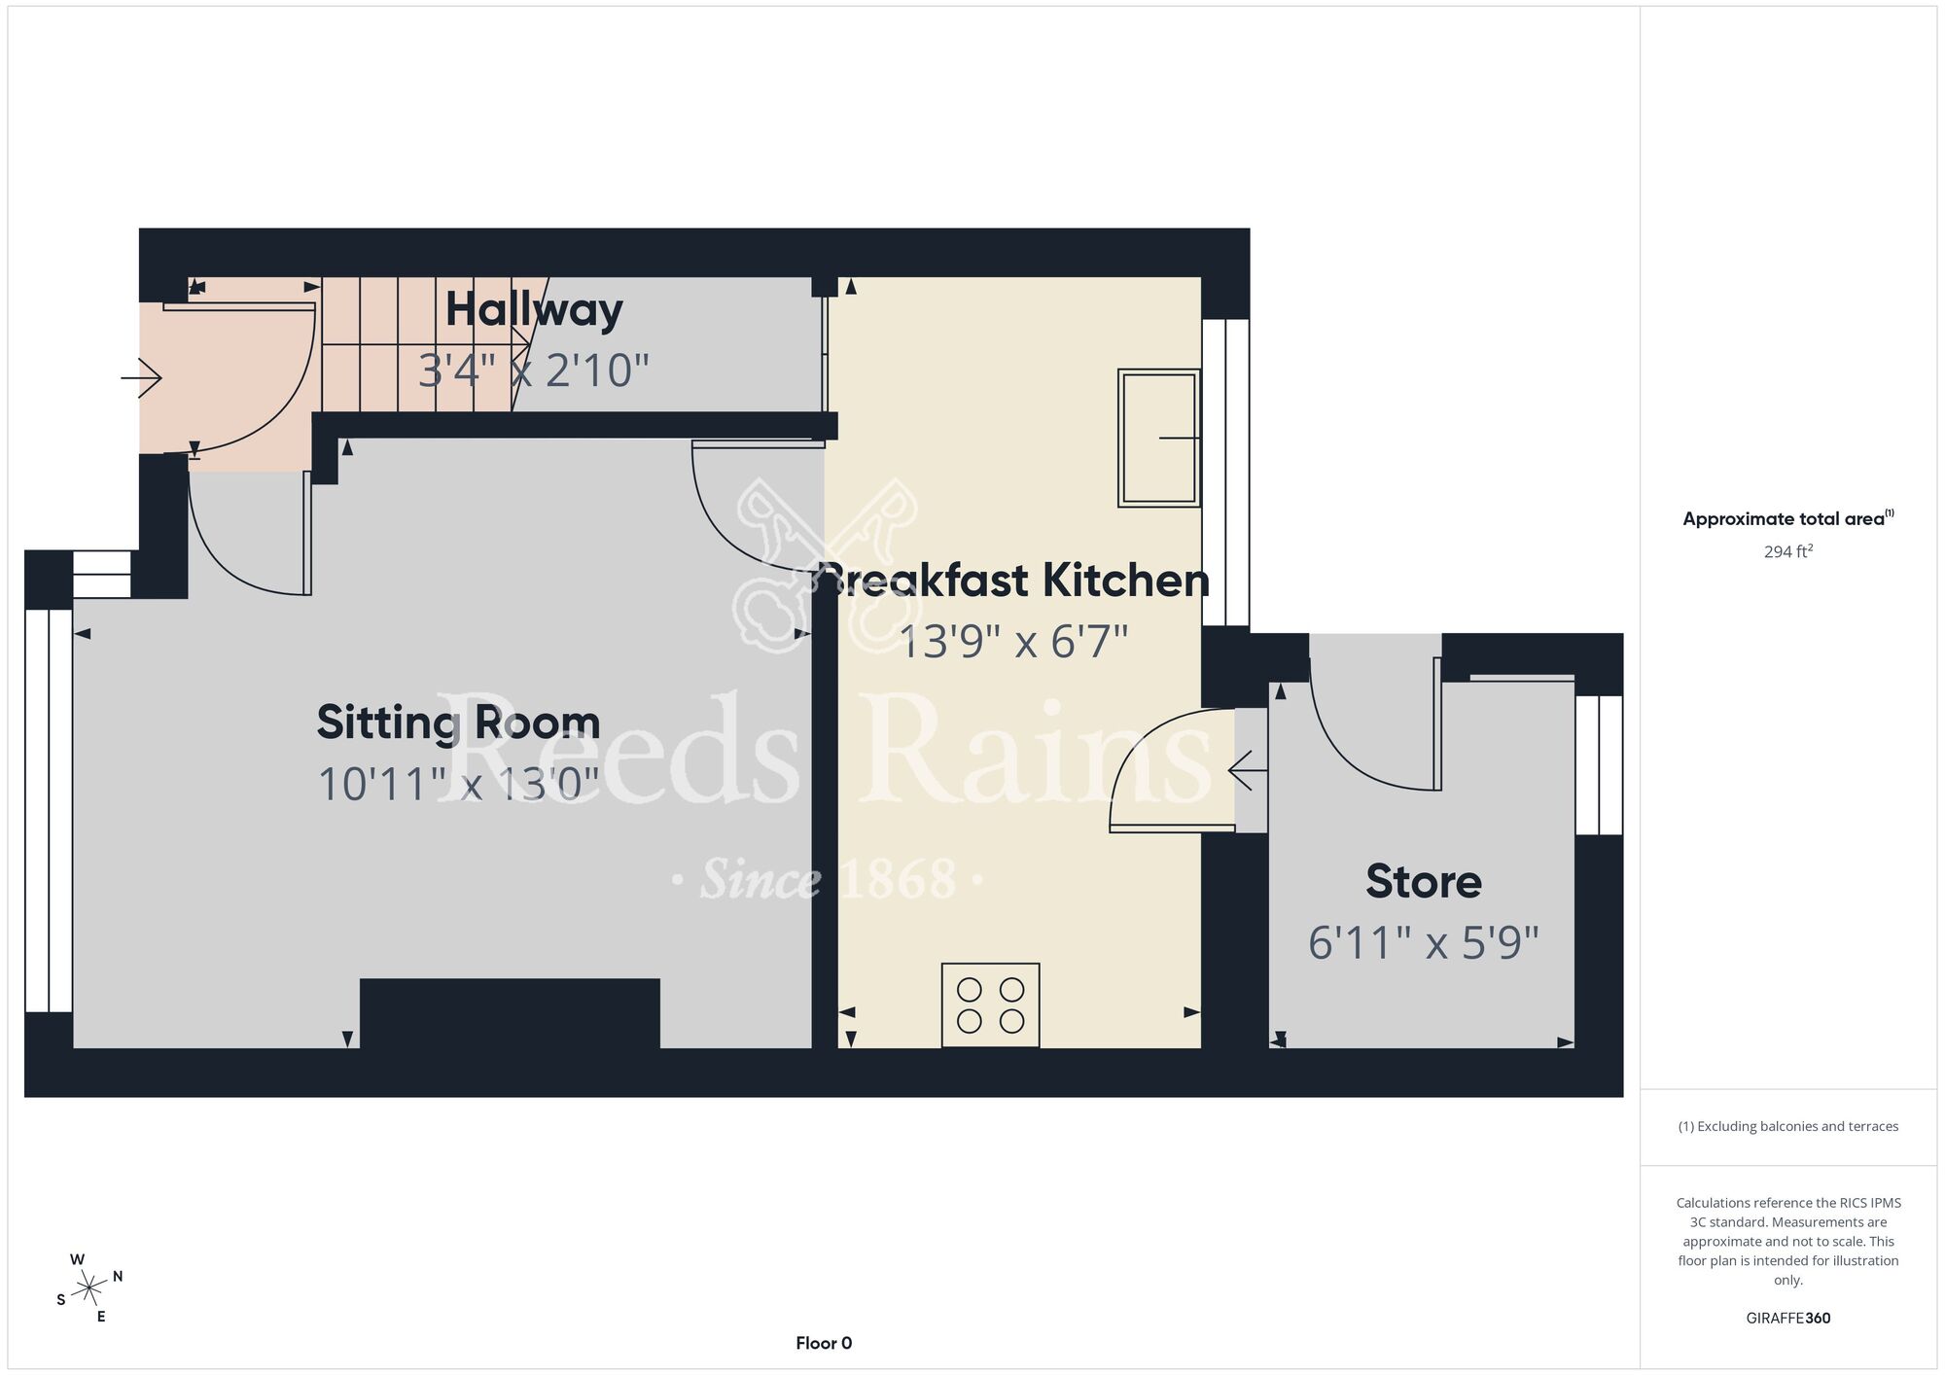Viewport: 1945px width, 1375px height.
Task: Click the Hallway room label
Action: (x=534, y=311)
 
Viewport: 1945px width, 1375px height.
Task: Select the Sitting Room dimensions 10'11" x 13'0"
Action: (x=458, y=785)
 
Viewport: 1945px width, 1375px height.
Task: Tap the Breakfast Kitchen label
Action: (x=1015, y=581)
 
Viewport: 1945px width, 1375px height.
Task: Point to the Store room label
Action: (x=1424, y=881)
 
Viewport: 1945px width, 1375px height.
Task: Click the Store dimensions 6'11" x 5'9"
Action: (x=1424, y=942)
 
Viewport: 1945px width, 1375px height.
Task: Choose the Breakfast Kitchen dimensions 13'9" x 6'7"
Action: (x=1013, y=642)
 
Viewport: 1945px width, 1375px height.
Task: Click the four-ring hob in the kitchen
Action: (x=990, y=1005)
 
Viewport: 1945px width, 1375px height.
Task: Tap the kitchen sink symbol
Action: (x=1158, y=438)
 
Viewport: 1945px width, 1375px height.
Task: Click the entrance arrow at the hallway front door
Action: (x=141, y=377)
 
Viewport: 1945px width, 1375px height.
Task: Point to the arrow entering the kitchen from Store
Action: (x=1248, y=771)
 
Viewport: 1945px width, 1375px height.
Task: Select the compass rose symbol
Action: (x=89, y=1288)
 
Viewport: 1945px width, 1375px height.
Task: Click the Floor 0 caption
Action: (x=824, y=1343)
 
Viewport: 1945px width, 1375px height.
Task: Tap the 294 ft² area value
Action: (x=1788, y=551)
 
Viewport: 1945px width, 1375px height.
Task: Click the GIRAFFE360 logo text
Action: (x=1788, y=1319)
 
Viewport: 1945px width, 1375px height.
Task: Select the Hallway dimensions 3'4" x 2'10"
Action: (x=534, y=370)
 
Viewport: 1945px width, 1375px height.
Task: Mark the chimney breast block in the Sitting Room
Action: (x=510, y=1013)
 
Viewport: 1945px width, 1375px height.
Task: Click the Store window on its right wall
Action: (x=1599, y=765)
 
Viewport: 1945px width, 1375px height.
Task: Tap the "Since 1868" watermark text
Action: (x=828, y=879)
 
